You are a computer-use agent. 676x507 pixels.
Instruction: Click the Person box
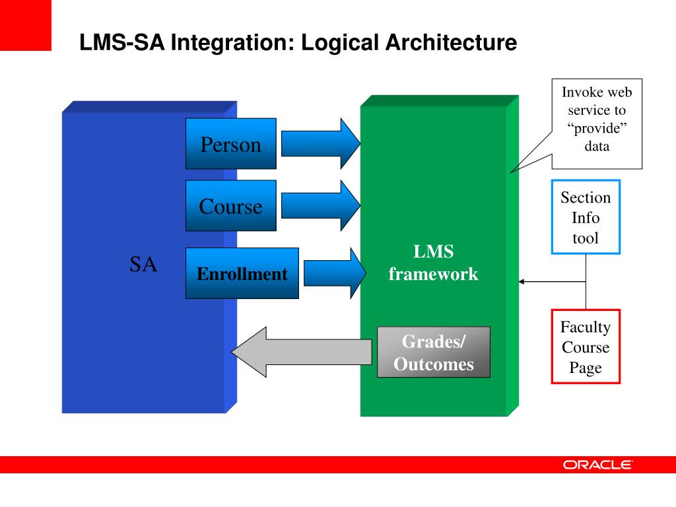[x=230, y=144]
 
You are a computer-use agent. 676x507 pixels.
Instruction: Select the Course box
[x=230, y=205]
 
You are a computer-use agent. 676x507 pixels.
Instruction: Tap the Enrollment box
[x=242, y=273]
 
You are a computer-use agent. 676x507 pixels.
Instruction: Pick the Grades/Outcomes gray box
[x=433, y=353]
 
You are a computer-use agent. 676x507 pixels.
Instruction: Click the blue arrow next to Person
[x=321, y=144]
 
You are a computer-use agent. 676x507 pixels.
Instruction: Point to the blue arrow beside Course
[x=321, y=205]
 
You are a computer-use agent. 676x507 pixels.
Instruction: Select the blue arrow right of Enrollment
[x=333, y=273]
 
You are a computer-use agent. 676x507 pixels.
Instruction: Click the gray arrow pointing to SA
[x=300, y=353]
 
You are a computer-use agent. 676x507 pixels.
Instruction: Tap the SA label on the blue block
[x=143, y=265]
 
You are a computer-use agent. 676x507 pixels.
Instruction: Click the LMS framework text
[x=433, y=263]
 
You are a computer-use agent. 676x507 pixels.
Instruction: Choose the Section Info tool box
[x=586, y=217]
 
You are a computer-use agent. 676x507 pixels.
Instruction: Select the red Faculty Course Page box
[x=586, y=347]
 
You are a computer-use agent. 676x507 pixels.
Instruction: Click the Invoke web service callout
[x=596, y=119]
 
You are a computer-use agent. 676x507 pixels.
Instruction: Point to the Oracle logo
[x=597, y=465]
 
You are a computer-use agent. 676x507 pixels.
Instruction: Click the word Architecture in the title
[x=452, y=44]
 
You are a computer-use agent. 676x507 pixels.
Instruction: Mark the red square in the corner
[x=25, y=25]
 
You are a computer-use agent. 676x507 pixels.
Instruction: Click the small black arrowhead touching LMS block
[x=522, y=282]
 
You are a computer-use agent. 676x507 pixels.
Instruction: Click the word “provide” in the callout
[x=596, y=128]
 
